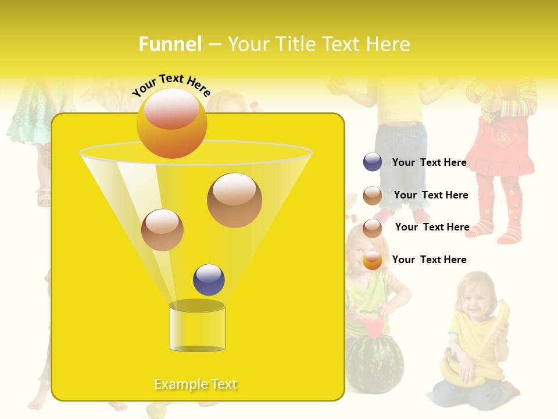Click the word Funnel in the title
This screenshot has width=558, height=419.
coord(170,44)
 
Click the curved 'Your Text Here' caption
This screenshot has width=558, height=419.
coord(171,85)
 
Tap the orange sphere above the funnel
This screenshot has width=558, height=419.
coord(171,123)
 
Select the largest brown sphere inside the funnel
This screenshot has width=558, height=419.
coord(234,200)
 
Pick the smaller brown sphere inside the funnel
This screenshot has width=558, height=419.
coord(162,230)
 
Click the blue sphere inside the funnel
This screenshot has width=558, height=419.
coord(209,280)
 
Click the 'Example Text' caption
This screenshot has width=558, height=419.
coord(196,384)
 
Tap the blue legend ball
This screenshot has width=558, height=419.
coord(373,162)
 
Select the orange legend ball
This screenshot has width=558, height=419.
coord(373,260)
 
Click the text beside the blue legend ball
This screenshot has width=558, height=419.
coord(429,162)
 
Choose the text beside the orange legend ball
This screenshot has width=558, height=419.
coord(429,260)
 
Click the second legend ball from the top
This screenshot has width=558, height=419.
coord(373,196)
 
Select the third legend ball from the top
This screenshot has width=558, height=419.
coord(373,228)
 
